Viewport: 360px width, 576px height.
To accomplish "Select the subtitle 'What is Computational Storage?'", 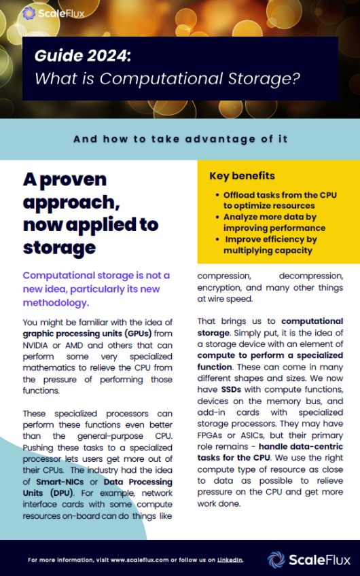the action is coord(167,78).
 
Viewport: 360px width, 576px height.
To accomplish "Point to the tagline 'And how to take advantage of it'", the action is coord(180,139).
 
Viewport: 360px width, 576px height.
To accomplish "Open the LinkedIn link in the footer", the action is coord(230,560).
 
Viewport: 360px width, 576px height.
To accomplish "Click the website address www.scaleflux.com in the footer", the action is coord(134,560).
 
